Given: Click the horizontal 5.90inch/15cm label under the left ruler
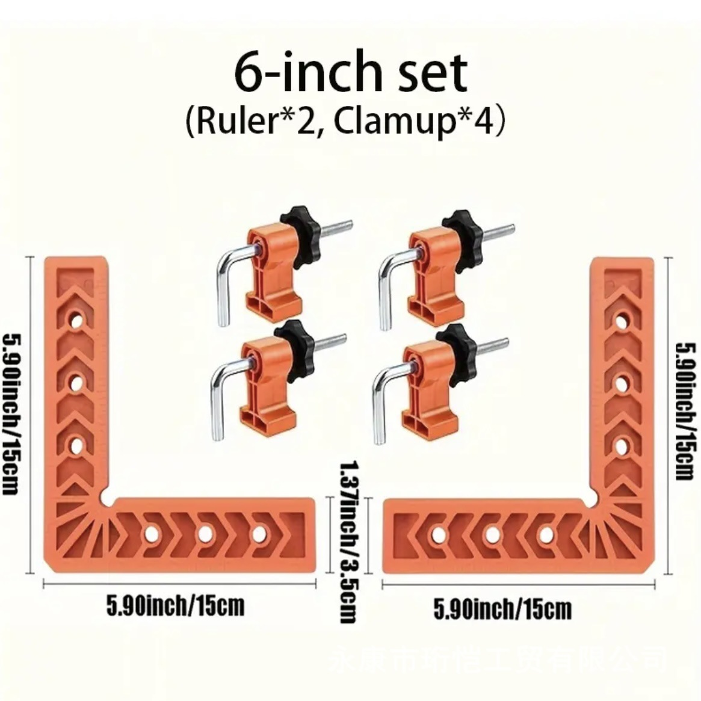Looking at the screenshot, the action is click(176, 605).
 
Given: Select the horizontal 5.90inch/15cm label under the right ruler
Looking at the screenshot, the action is click(502, 610).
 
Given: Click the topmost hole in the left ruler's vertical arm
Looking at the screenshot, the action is click(76, 321).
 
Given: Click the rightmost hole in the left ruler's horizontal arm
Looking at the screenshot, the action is click(259, 533).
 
